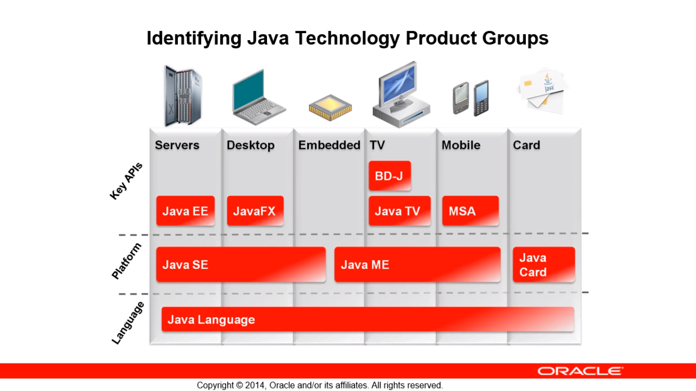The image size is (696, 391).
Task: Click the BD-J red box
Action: (390, 176)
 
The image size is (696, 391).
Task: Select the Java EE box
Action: (185, 211)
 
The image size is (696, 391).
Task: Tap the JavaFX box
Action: (255, 211)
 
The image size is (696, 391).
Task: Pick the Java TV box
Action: (399, 211)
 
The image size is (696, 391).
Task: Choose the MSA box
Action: (470, 211)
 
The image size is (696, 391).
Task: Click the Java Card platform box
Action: (544, 265)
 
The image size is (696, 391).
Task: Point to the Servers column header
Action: (177, 145)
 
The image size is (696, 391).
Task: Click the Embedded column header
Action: (329, 145)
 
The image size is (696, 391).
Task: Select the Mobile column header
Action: (461, 145)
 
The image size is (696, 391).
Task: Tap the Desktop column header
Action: (251, 145)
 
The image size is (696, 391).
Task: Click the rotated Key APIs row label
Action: (126, 181)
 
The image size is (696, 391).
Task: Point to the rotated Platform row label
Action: (126, 261)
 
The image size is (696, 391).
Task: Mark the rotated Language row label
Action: (128, 323)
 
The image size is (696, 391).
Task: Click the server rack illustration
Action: (183, 96)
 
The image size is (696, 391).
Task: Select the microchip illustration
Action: (330, 107)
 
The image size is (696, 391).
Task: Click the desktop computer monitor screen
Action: (399, 83)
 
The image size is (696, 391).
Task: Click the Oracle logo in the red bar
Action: (580, 371)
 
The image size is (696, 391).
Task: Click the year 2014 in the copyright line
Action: (255, 385)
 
